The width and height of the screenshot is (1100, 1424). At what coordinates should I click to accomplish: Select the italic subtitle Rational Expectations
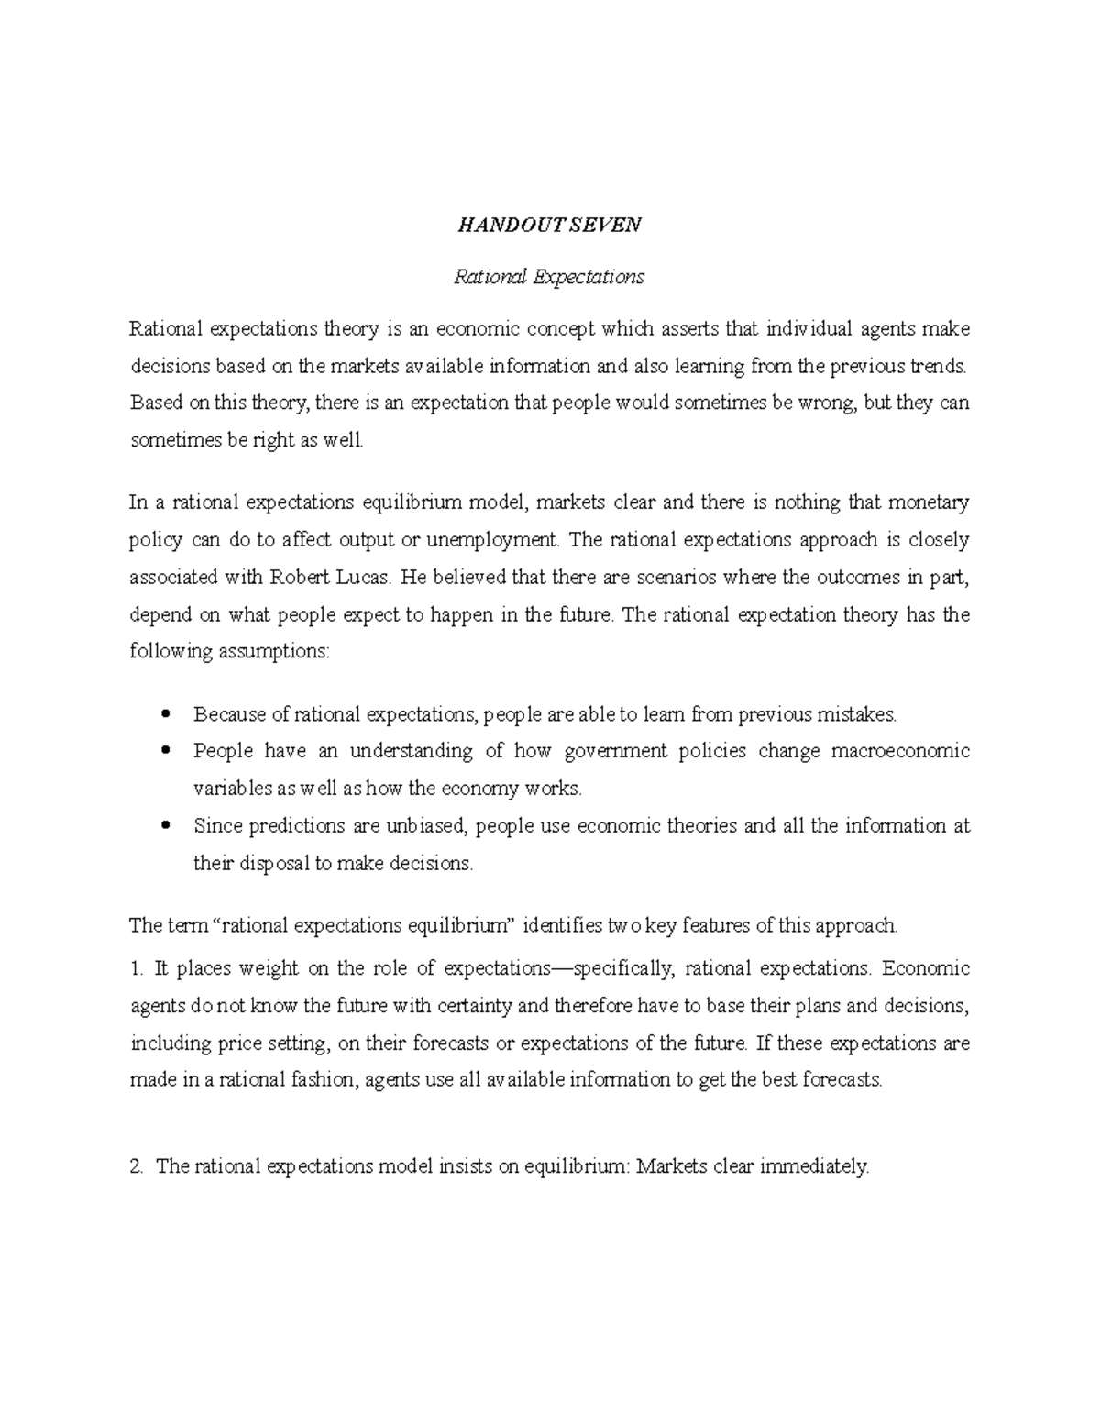click(549, 277)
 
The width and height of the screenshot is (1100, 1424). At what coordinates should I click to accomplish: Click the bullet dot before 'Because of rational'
click(166, 713)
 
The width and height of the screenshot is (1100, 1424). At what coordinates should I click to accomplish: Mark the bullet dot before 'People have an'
click(166, 751)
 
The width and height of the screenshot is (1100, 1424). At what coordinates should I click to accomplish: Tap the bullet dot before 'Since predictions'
click(166, 825)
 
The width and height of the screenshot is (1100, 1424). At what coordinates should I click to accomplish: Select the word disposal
click(273, 863)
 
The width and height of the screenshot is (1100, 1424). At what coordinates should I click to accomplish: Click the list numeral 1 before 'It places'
click(137, 968)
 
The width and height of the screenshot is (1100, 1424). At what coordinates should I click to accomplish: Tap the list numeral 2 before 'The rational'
click(137, 1166)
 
